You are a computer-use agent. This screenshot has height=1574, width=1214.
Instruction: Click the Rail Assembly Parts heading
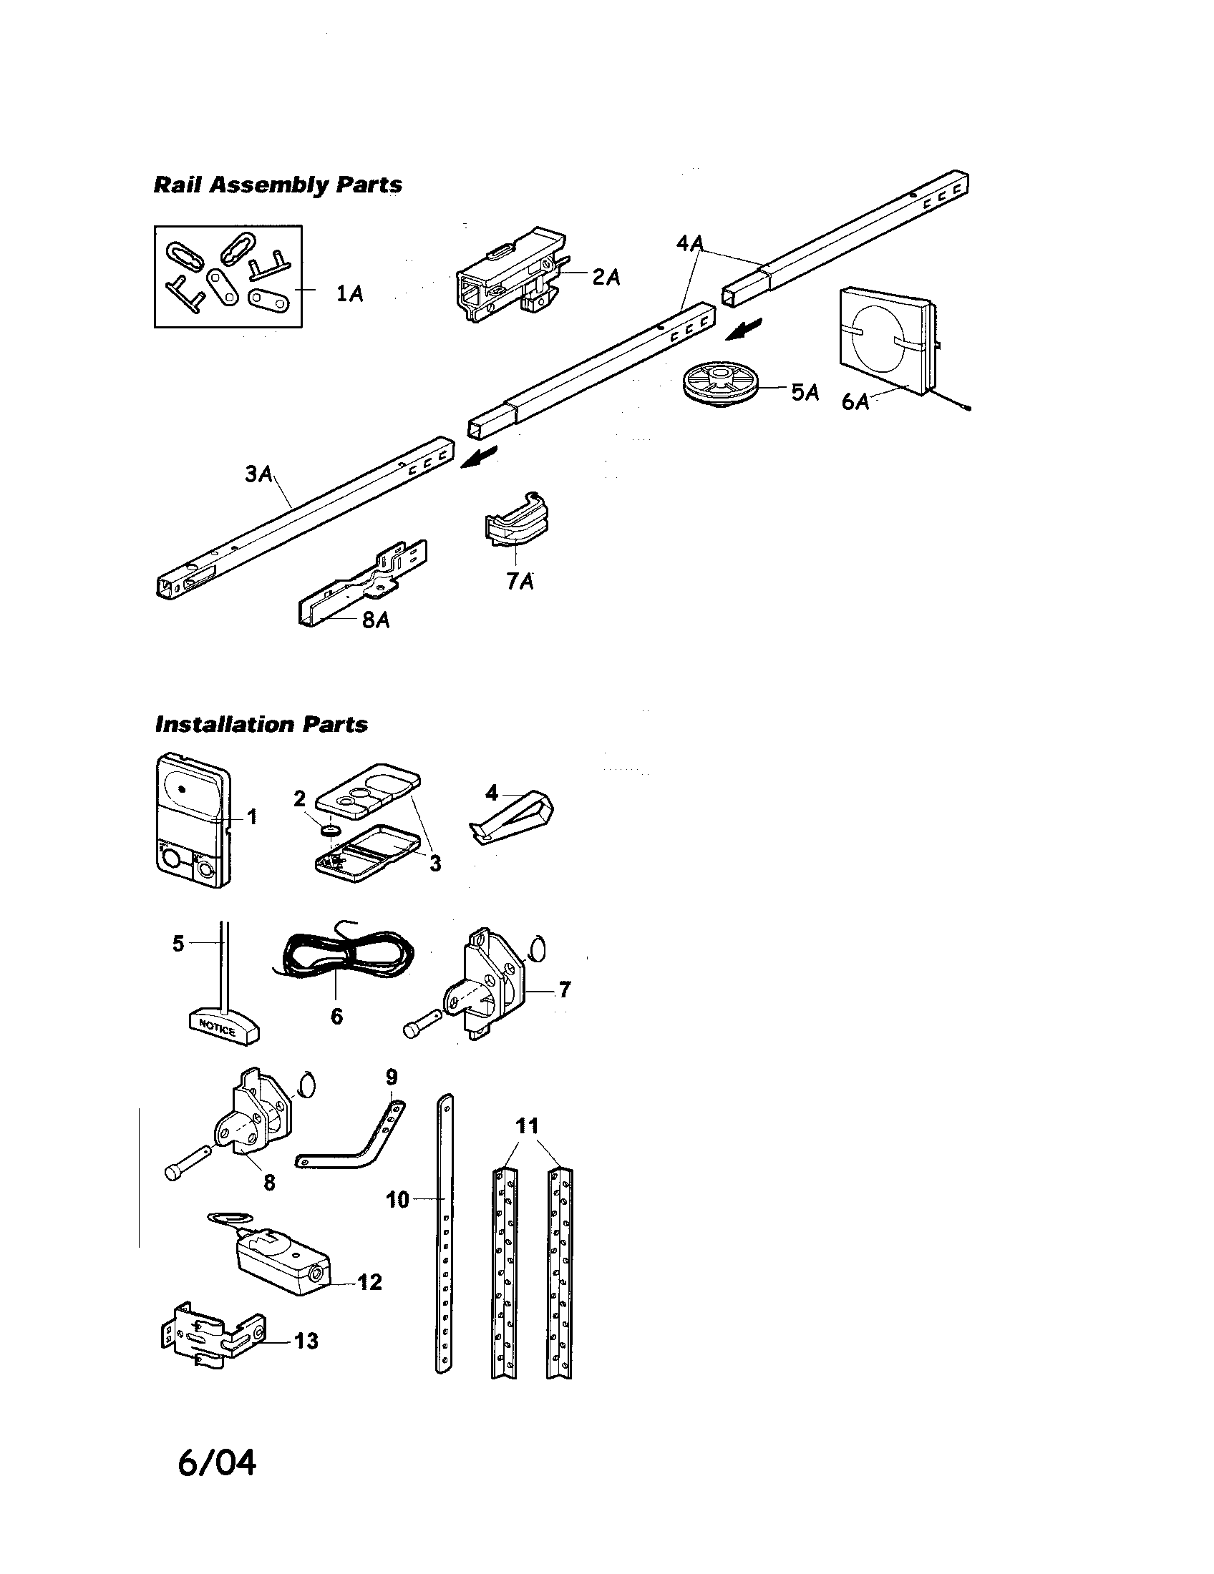pyautogui.click(x=278, y=185)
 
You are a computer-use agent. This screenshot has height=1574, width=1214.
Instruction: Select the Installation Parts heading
pyautogui.click(x=261, y=724)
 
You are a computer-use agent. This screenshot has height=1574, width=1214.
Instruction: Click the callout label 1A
pyautogui.click(x=349, y=294)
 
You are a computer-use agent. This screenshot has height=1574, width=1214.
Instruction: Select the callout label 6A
pyautogui.click(x=855, y=401)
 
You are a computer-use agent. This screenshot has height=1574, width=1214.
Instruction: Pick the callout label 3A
pyautogui.click(x=259, y=474)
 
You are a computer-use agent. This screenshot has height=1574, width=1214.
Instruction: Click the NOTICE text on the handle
pyautogui.click(x=217, y=1029)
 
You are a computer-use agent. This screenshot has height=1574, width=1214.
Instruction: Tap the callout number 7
pyautogui.click(x=565, y=989)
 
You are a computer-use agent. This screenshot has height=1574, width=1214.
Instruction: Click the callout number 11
pyautogui.click(x=528, y=1125)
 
